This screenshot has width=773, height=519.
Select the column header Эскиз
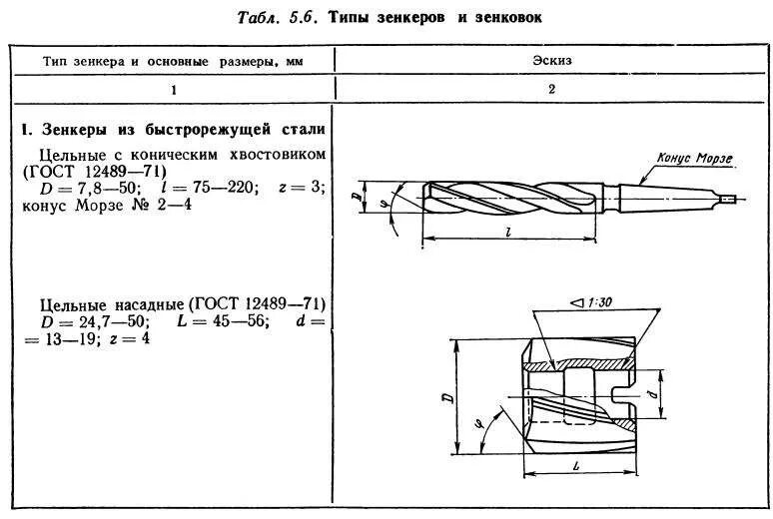[x=552, y=61]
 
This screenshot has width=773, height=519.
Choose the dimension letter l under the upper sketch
[x=510, y=231]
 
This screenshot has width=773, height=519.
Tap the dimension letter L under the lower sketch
[x=577, y=467]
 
